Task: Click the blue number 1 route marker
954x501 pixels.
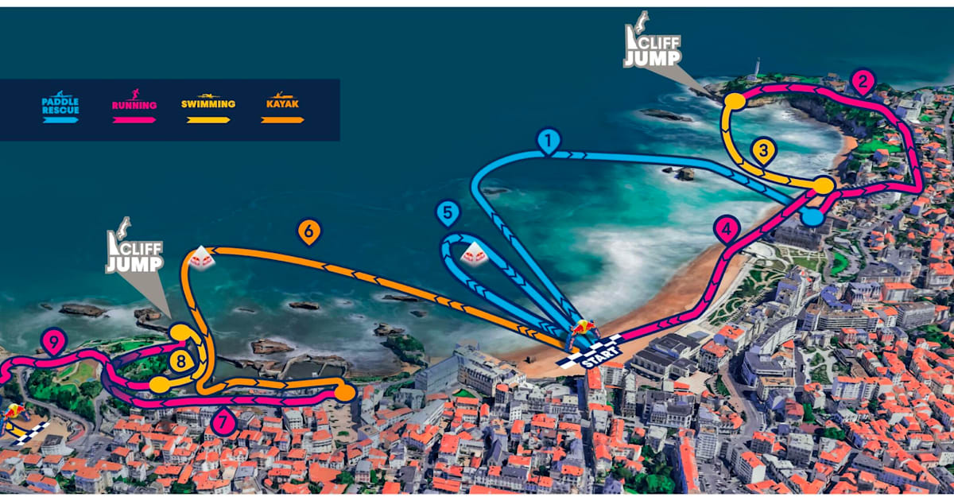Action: pyautogui.click(x=549, y=141)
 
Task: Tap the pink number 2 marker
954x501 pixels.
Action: pyautogui.click(x=863, y=81)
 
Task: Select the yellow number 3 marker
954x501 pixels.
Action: pyautogui.click(x=763, y=150)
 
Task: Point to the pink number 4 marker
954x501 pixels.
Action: pyautogui.click(x=727, y=230)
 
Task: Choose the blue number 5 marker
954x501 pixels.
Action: pyautogui.click(x=448, y=213)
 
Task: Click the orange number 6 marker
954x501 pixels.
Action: pyautogui.click(x=309, y=231)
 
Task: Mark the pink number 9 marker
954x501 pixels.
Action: pyautogui.click(x=54, y=343)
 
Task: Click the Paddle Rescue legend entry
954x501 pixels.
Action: pyautogui.click(x=60, y=109)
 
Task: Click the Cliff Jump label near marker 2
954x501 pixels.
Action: pyautogui.click(x=652, y=49)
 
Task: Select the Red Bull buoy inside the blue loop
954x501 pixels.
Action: pyautogui.click(x=475, y=254)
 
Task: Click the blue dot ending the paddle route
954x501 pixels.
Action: pyautogui.click(x=812, y=216)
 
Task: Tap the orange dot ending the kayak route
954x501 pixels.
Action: pyautogui.click(x=344, y=392)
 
